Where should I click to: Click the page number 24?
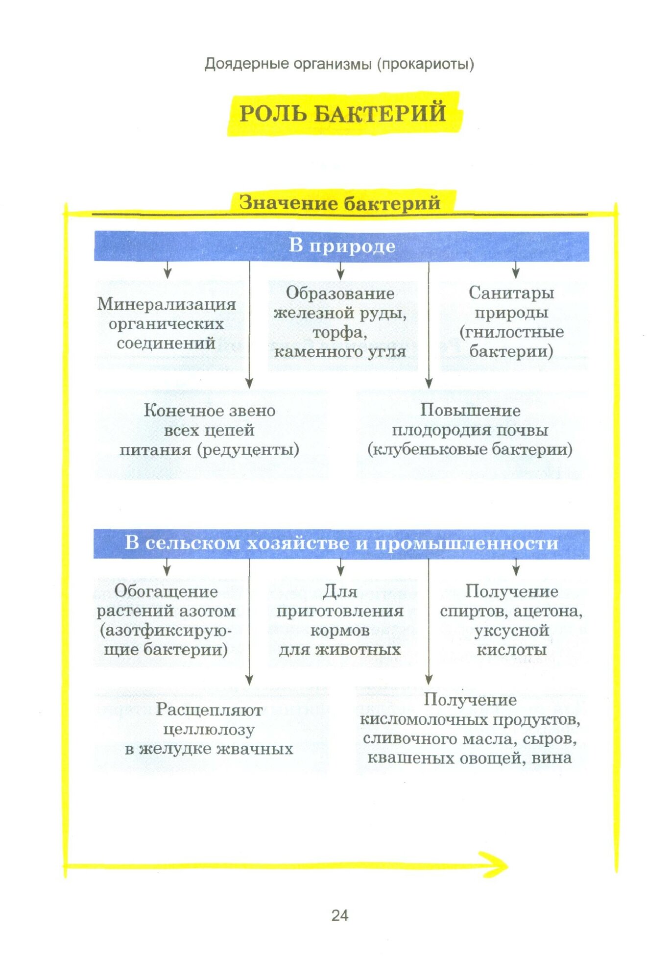(339, 915)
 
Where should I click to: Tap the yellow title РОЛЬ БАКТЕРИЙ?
(343, 113)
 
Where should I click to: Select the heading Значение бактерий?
(340, 202)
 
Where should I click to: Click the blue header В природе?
(341, 245)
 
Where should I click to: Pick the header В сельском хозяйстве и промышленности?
(341, 543)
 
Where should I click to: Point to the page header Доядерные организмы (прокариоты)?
(339, 64)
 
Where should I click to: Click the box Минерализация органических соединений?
(167, 323)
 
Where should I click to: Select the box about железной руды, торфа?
(340, 322)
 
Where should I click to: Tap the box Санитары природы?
(511, 322)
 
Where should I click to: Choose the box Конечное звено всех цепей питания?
(210, 430)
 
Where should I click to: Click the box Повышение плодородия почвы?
(470, 430)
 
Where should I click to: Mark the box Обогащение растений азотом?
(166, 620)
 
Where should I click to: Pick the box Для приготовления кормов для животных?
(340, 620)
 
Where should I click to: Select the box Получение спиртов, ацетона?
(511, 620)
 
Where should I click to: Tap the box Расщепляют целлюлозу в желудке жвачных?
(209, 729)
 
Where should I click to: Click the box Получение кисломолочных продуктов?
(470, 729)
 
